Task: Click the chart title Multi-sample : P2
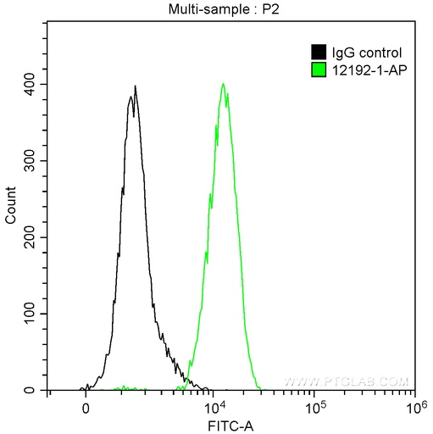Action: click(x=229, y=9)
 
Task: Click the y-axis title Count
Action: click(x=10, y=208)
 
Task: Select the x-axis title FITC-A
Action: click(x=230, y=425)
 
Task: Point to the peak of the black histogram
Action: click(x=135, y=86)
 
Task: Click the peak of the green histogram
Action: click(x=223, y=83)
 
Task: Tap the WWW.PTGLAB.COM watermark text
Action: click(x=347, y=381)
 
